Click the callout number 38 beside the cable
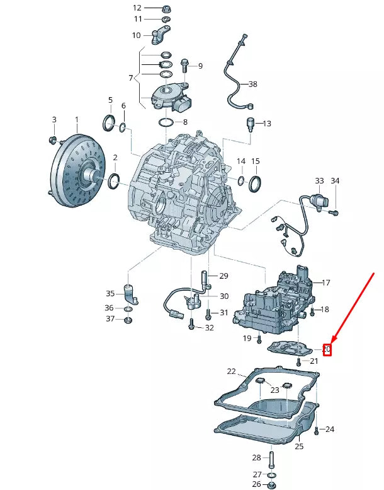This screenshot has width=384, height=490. click(252, 84)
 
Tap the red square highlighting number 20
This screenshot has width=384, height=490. click(327, 349)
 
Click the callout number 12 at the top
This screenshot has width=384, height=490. click(137, 8)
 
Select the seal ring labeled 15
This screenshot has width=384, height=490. click(256, 184)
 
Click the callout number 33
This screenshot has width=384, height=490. click(319, 181)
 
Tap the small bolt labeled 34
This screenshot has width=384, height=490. click(335, 213)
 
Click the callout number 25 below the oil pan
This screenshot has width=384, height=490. click(299, 446)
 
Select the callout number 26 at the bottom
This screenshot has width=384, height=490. click(256, 484)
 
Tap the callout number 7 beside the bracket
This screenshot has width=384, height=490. click(131, 78)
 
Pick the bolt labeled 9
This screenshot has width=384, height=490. click(184, 65)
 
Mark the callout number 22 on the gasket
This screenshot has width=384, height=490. click(231, 371)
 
